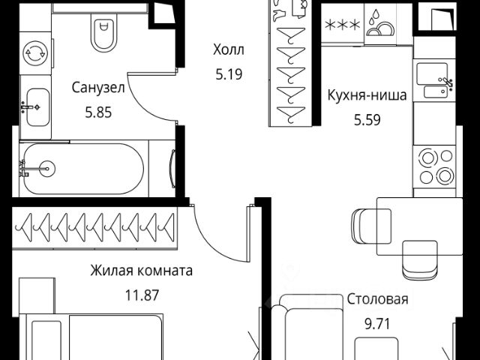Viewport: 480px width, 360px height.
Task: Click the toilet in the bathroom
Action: tap(103, 31)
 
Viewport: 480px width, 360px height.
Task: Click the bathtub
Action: tap(82, 169)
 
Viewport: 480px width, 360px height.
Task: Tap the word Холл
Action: tap(229, 49)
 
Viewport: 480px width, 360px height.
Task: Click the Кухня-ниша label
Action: tap(367, 95)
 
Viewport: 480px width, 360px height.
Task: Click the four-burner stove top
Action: tap(436, 167)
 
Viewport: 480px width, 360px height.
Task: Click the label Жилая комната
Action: tap(142, 270)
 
